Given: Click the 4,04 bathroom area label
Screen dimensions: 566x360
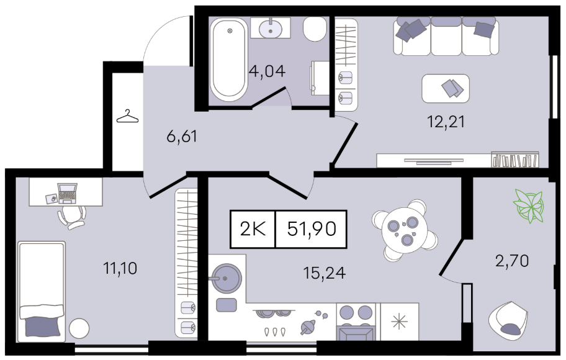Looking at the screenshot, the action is click(267, 71).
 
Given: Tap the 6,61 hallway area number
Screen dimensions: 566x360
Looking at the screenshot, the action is click(182, 137).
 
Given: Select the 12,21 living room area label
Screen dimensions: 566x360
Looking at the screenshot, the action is click(446, 122).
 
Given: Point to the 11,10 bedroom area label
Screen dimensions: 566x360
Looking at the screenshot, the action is click(120, 268).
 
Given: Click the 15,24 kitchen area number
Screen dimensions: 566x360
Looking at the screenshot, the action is click(325, 273).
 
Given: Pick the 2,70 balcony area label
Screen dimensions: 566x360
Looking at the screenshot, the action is click(512, 260).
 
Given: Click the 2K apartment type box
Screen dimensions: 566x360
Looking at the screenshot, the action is click(253, 229).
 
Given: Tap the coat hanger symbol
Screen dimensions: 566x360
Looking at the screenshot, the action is click(127, 116).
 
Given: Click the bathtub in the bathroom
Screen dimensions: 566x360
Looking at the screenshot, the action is click(229, 60).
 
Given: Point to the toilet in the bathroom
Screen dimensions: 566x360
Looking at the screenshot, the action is click(315, 29).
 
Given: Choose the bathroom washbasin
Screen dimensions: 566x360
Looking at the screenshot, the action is click(271, 28).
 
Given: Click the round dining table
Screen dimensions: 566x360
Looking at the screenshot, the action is click(405, 230).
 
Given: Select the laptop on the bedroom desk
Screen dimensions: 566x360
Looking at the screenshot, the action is click(67, 193).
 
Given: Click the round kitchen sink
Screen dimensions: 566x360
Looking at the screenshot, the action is click(226, 277).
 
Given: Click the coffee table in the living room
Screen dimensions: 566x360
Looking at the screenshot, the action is click(446, 89).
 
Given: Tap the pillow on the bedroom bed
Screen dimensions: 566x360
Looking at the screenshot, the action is click(42, 326).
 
